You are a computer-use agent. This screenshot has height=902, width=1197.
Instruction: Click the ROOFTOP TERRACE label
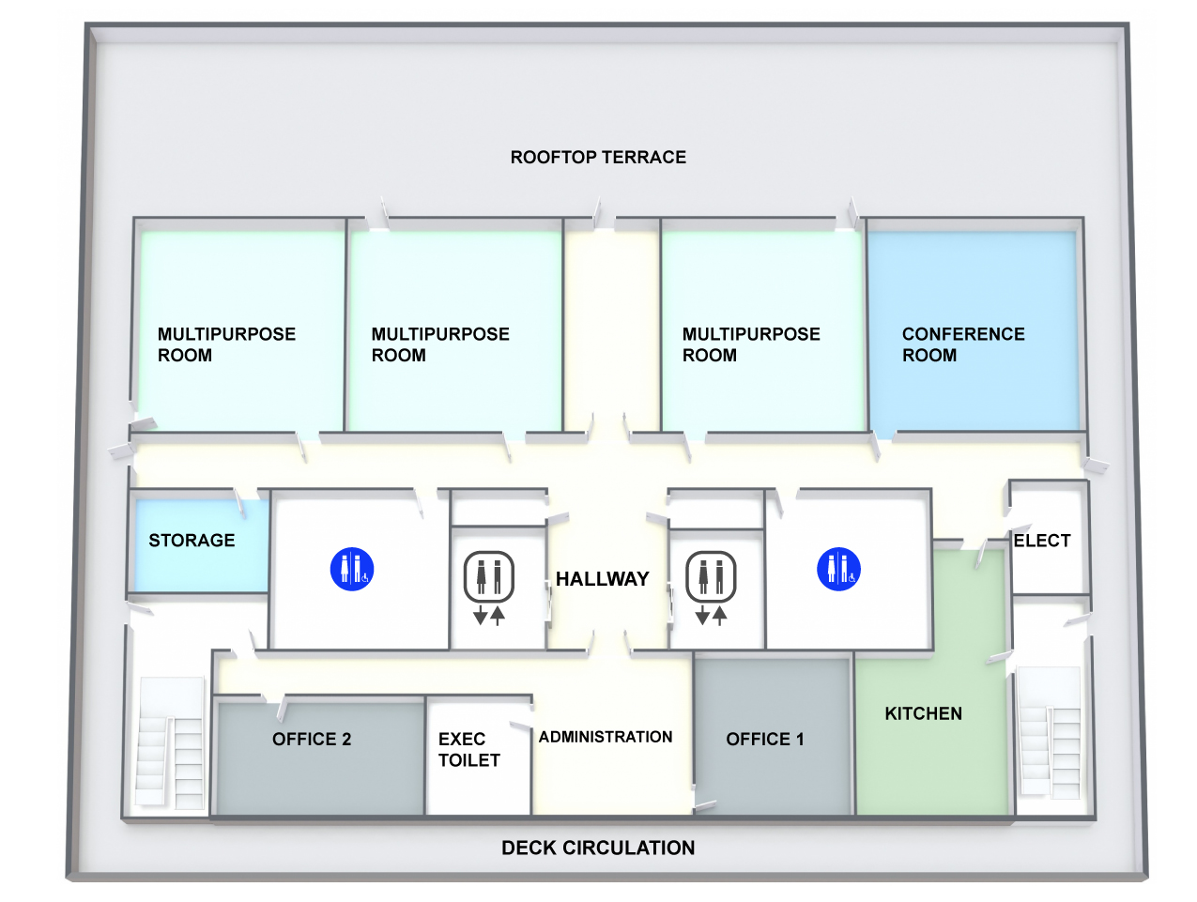click(598, 158)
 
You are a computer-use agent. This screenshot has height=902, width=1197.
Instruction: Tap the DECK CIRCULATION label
click(598, 848)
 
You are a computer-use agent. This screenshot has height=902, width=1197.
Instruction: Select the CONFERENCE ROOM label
click(962, 344)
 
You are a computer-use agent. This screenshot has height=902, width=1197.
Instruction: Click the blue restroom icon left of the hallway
click(352, 569)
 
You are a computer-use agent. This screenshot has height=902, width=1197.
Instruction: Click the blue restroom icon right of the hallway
click(838, 569)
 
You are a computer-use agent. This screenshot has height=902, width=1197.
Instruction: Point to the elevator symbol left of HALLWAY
click(489, 587)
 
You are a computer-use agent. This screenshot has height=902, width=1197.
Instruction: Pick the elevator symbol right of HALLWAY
click(711, 587)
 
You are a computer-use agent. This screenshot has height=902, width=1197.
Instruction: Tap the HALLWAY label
click(602, 579)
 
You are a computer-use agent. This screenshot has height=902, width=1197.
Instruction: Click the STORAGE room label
click(192, 541)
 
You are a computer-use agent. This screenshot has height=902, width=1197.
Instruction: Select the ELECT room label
click(1041, 541)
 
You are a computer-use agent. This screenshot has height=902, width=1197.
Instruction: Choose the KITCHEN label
click(923, 714)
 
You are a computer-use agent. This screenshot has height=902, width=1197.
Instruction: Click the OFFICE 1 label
click(764, 740)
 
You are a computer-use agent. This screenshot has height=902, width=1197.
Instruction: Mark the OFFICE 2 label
click(312, 740)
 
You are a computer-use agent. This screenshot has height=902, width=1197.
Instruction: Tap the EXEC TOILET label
click(468, 750)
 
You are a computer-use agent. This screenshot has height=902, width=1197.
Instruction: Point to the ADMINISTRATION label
click(606, 738)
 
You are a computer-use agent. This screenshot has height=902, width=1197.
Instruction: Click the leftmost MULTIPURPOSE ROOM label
click(226, 344)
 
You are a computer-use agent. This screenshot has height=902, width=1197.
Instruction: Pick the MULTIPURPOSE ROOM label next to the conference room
click(751, 344)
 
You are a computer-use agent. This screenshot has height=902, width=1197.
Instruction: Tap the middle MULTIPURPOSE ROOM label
click(440, 344)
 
